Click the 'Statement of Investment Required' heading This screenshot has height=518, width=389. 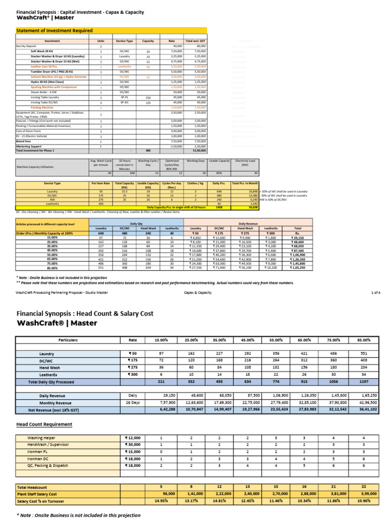55,30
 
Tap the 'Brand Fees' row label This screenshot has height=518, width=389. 24,141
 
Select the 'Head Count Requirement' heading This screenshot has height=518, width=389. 45,424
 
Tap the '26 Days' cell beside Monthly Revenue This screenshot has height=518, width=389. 133,402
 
